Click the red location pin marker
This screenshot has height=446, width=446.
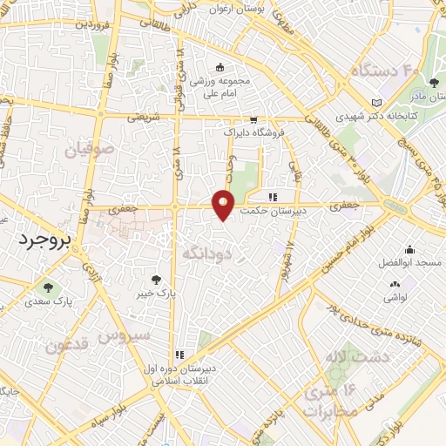tap(224, 204)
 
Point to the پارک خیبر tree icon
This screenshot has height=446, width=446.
tap(156, 280)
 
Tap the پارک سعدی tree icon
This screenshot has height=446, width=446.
tap(46, 287)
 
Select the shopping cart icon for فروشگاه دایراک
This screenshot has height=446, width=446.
tap(253, 120)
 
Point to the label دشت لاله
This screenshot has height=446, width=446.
tap(347, 357)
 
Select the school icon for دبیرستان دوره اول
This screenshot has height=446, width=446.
tap(179, 355)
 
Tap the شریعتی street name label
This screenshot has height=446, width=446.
tap(144, 115)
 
